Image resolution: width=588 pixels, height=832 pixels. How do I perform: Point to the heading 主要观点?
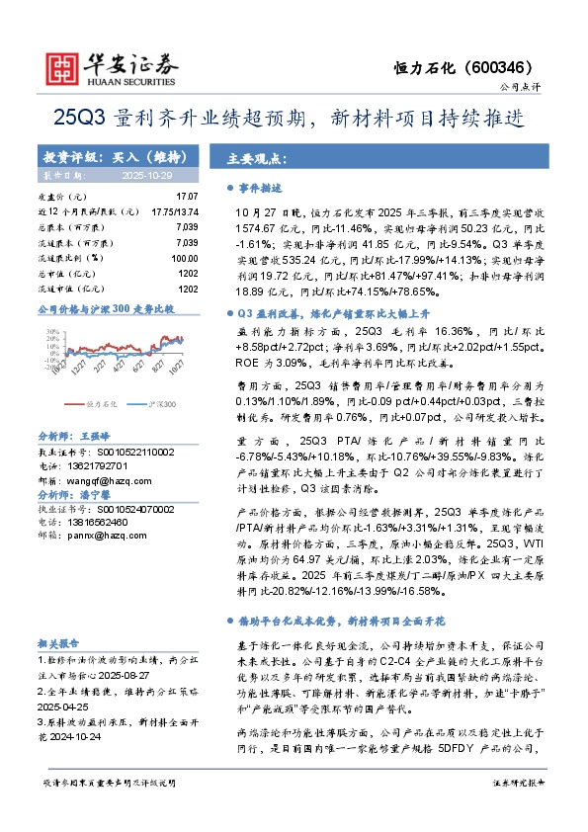pyautogui.click(x=251, y=158)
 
